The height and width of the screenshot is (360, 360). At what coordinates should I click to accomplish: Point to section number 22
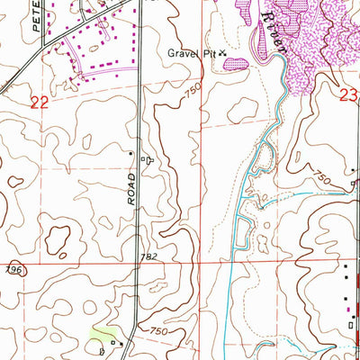tap(39, 103)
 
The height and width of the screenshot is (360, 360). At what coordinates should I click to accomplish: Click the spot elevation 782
tap(148, 257)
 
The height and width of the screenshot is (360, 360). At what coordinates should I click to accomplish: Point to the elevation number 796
tap(11, 269)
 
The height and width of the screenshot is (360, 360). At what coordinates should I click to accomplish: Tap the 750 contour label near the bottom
tap(158, 332)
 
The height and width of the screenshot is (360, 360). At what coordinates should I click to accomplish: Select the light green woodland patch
tap(96, 338)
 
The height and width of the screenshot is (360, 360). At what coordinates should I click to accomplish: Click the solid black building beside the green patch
tap(112, 342)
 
